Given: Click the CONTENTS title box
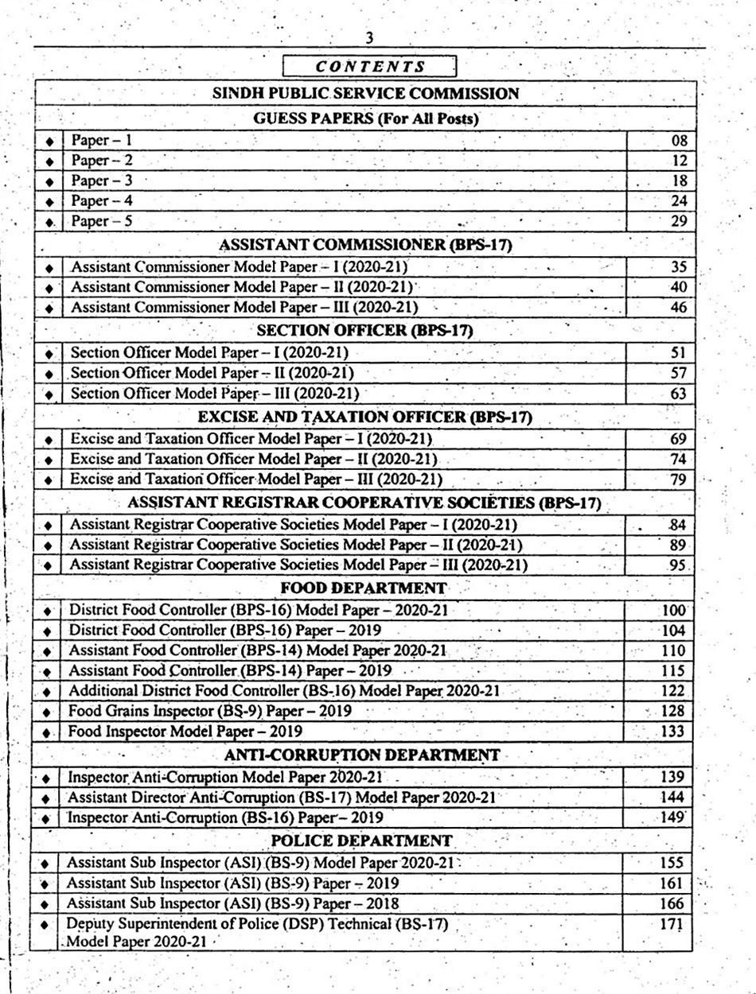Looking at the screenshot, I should tap(370, 67).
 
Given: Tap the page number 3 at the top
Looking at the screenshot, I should tap(369, 38).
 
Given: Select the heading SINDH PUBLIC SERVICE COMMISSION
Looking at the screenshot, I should tap(365, 93).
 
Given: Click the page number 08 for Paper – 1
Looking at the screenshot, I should tap(678, 141).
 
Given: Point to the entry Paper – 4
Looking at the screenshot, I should tap(102, 200).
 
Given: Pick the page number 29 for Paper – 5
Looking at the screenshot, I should tap(678, 221).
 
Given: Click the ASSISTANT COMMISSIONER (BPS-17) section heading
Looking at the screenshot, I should tap(365, 245).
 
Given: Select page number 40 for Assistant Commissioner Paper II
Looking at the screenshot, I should tap(678, 286).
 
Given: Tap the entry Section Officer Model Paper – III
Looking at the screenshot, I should tap(214, 393).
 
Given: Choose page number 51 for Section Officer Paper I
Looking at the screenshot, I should tap(678, 352).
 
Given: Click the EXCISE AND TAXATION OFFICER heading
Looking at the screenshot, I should tap(365, 416).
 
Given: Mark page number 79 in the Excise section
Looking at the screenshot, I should tap(678, 480).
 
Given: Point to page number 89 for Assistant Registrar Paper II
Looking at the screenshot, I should tap(678, 545).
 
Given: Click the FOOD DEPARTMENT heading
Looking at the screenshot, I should tap(364, 588).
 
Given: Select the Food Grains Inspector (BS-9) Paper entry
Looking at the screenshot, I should tap(210, 711).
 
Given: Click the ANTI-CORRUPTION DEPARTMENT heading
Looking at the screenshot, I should tap(362, 755).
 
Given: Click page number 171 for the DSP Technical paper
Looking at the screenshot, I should tap(672, 924).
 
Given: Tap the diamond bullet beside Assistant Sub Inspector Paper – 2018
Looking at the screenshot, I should tap(46, 904).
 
